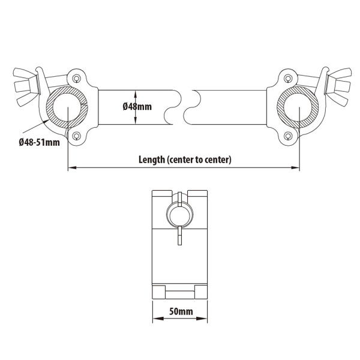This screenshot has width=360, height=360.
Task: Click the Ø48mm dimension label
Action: (x=137, y=107)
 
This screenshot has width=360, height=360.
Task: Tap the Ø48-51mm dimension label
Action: (x=39, y=142)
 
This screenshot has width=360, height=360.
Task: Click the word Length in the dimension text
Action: (x=152, y=160)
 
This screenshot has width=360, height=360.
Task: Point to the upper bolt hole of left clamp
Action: (x=76, y=79)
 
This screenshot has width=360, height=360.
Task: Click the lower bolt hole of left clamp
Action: (x=76, y=136)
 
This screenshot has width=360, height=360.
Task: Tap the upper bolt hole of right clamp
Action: (x=288, y=79)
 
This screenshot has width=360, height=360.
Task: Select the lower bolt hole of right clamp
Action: (x=288, y=136)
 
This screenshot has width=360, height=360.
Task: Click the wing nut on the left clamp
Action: (x=25, y=87)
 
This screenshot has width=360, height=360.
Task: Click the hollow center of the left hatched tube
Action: (x=67, y=107)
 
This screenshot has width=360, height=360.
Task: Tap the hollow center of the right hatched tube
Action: (x=298, y=107)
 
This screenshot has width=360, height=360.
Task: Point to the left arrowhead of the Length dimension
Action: (x=72, y=168)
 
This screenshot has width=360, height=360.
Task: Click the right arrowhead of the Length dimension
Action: (x=295, y=168)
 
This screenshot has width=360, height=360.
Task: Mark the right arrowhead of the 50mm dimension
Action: (x=202, y=319)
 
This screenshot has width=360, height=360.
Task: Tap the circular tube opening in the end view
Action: (x=180, y=215)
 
